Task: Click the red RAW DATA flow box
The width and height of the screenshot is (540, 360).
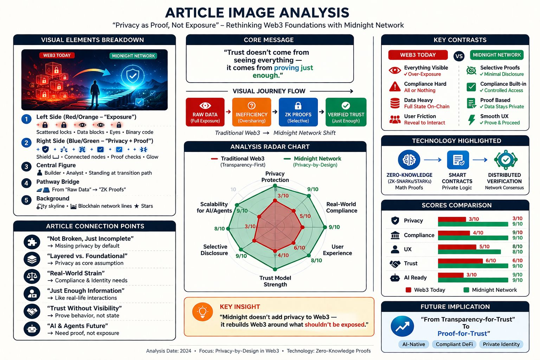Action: (205, 112)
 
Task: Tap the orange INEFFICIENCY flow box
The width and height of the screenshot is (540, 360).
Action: (251, 112)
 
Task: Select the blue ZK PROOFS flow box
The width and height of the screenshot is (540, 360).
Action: (298, 112)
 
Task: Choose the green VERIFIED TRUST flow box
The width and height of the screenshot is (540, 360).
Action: (346, 112)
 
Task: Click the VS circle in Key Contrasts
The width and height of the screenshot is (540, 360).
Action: (459, 56)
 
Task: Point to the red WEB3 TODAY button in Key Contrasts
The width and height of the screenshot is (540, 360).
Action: (418, 55)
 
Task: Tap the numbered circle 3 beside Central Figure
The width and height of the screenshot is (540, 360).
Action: (26, 167)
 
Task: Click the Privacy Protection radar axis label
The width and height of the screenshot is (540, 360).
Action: (275, 177)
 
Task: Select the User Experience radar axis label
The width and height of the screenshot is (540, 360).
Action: (337, 250)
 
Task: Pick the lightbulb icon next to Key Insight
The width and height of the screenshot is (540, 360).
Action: (202, 312)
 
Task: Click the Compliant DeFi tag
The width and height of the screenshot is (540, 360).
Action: (454, 344)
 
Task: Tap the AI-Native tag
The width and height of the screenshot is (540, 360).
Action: (414, 344)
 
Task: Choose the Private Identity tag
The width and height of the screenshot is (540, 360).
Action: (501, 344)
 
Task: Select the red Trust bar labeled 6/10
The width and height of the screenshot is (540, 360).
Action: (460, 261)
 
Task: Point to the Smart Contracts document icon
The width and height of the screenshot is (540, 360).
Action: (458, 160)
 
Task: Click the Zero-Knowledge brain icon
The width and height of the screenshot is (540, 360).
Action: (409, 160)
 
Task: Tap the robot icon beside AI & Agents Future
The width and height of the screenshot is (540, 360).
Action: (32, 329)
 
